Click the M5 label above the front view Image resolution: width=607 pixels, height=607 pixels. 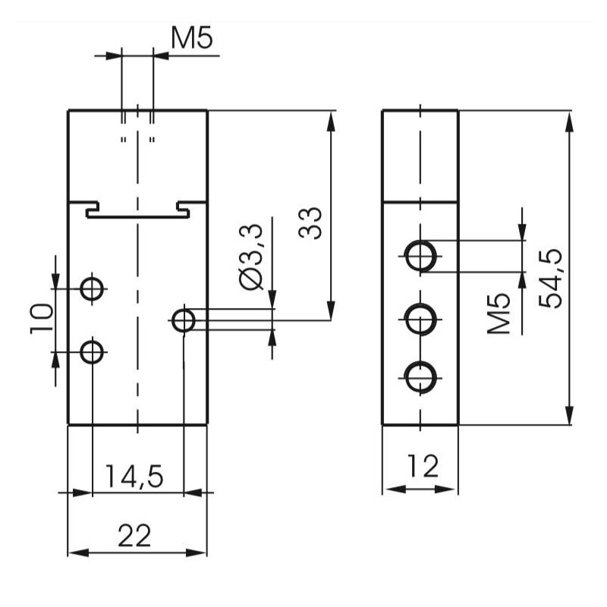tap(192, 39)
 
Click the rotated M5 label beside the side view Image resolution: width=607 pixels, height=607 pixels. tap(498, 313)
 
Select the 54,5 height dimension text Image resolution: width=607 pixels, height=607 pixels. tap(551, 278)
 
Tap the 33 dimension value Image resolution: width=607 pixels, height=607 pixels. tap(310, 223)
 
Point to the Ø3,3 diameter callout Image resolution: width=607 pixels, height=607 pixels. tap(252, 256)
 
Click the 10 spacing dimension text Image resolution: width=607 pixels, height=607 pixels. tap(42, 319)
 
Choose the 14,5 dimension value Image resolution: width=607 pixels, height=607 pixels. tap(134, 476)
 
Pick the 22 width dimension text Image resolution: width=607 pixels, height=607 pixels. tap(134, 536)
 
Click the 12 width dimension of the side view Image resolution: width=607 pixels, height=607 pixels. tap(423, 466)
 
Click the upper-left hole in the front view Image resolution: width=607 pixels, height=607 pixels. tap(92, 288)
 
